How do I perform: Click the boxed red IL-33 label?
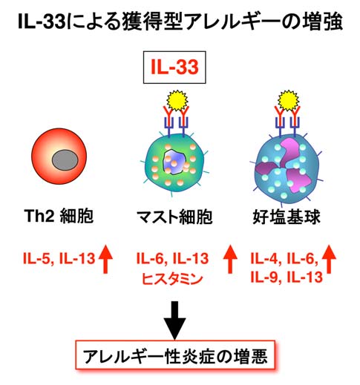coord(174,67)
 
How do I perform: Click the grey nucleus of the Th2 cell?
coord(65,160)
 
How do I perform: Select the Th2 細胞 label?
coord(59,216)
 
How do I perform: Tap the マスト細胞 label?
coord(174,217)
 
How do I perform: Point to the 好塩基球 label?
coord(287,217)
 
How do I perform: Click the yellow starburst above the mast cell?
coord(177,101)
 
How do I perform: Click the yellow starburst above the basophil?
coord(288,101)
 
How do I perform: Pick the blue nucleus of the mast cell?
coord(174,162)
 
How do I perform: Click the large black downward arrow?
coord(175,320)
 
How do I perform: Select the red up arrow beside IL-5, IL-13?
coord(105,259)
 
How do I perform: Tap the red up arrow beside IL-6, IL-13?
coord(230,259)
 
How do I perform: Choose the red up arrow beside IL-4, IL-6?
coord(329,259)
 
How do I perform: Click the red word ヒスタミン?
coord(172,279)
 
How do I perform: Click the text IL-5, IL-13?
coord(59,259)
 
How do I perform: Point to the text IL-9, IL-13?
coord(287,277)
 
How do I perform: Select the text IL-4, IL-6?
coord(284,259)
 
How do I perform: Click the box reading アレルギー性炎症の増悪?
coord(175,356)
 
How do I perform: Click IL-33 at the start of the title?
coord(42,22)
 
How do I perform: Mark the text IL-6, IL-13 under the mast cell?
coord(172,259)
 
